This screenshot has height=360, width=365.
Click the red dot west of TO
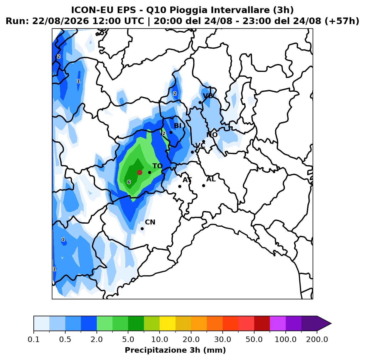tap(140, 172)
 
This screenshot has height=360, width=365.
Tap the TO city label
tap(157, 166)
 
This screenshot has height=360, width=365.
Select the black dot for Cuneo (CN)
tap(142, 229)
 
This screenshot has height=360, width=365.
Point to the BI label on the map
tap(177, 126)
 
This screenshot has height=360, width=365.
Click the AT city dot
tap(180, 187)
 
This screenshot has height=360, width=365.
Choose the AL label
tap(211, 179)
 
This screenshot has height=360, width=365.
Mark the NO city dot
tap(204, 141)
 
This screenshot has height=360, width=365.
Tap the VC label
tap(200, 146)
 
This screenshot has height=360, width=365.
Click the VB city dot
tap(200, 103)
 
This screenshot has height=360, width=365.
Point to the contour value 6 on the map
tap(129, 182)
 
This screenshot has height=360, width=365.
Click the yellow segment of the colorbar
tap(168, 323)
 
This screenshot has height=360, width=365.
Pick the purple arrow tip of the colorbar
tap(331, 324)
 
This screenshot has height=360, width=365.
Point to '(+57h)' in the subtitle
tap(342, 21)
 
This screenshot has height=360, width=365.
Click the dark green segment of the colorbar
tap(136, 323)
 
